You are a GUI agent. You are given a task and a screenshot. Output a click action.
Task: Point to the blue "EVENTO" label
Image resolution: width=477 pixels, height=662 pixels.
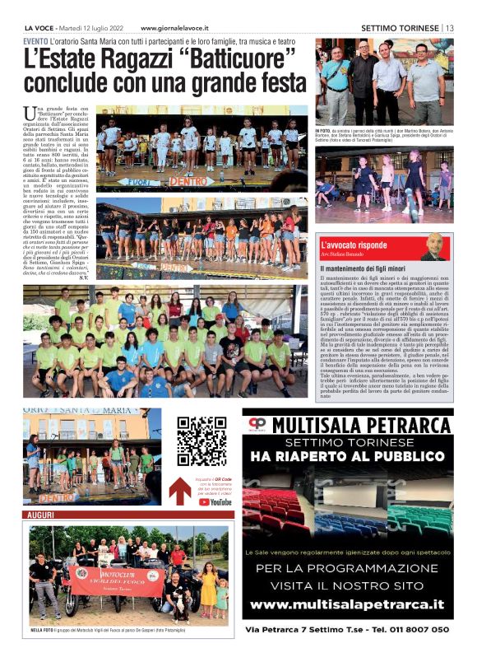35,41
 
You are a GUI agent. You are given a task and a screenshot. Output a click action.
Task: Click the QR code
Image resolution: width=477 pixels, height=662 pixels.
201,441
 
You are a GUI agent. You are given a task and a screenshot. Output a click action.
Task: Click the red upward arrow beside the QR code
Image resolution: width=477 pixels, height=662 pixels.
180,490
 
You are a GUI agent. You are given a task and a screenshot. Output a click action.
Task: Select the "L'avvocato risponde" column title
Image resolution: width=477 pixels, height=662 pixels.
377,245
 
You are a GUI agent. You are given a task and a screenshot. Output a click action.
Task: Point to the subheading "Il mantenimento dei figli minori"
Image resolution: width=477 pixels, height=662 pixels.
365,268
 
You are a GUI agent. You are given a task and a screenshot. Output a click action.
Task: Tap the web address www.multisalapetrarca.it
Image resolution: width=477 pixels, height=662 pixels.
347,604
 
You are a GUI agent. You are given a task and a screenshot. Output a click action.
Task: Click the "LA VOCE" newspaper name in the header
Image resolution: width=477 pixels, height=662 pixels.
40,27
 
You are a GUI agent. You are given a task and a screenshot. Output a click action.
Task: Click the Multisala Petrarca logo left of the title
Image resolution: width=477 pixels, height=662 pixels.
258,425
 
